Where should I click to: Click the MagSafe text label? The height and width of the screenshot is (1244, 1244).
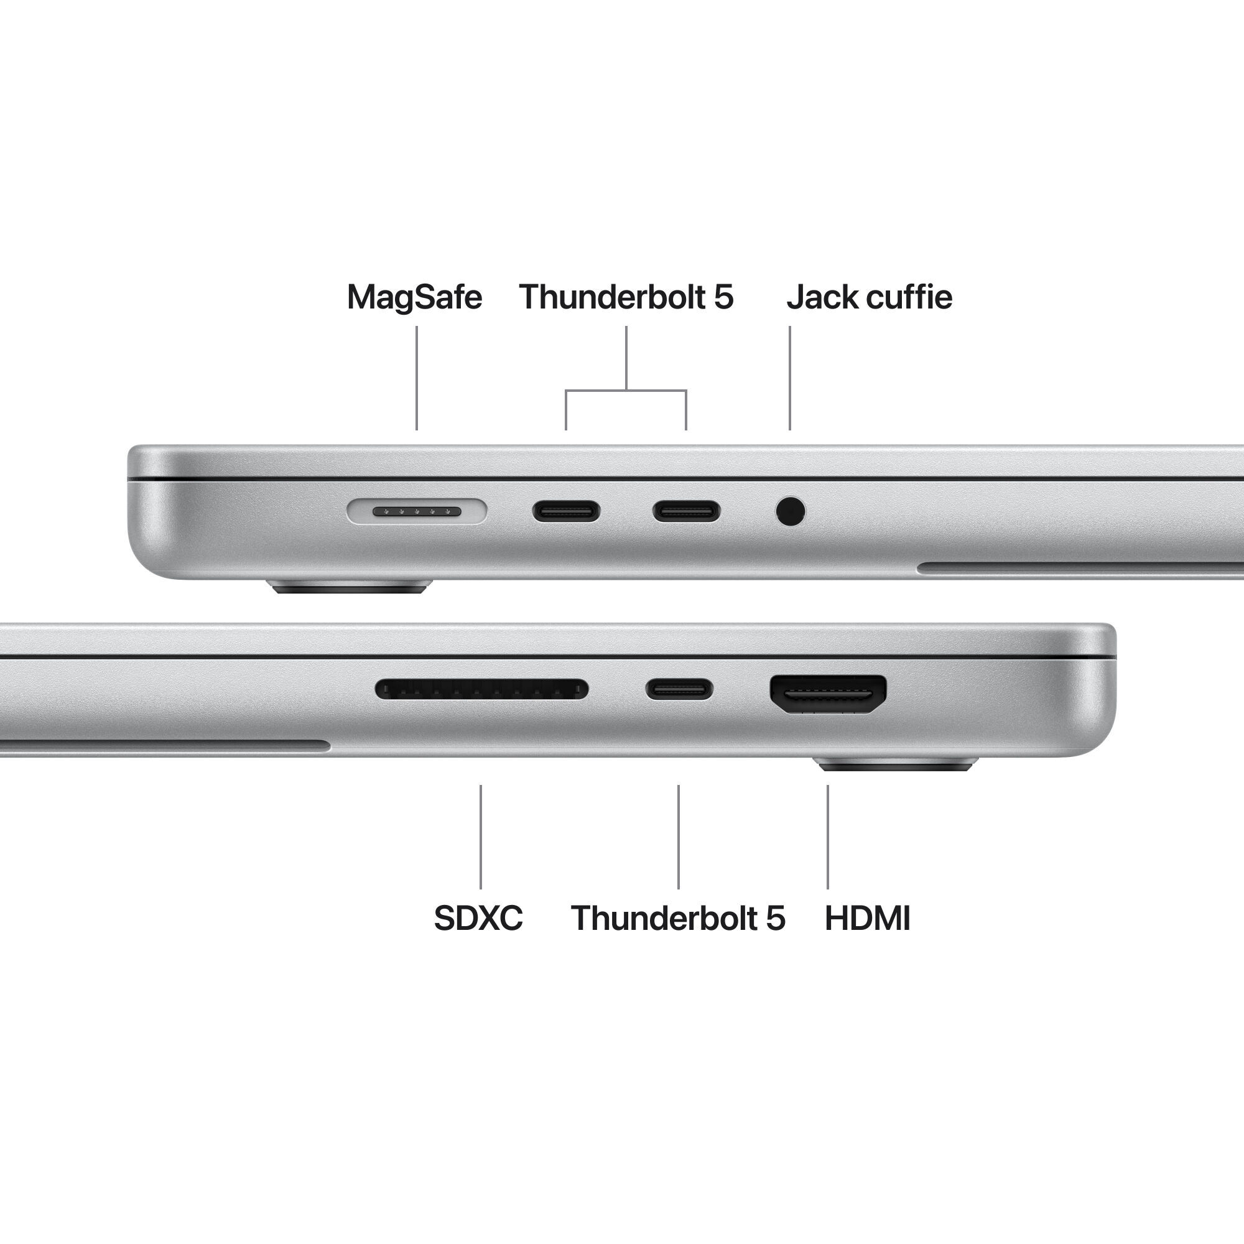(x=414, y=297)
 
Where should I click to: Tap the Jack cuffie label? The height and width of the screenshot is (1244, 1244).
(x=868, y=297)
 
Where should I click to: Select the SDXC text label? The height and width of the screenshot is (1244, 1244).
(x=478, y=918)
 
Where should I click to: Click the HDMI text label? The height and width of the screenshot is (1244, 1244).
(x=866, y=918)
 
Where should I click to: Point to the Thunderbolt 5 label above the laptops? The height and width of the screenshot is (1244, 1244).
(x=626, y=297)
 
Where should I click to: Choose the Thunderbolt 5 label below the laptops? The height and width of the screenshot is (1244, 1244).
(x=677, y=918)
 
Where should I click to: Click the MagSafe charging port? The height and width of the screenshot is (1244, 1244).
(x=417, y=511)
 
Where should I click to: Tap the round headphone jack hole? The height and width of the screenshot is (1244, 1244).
(x=790, y=511)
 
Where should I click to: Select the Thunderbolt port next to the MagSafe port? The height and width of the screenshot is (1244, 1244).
(x=566, y=512)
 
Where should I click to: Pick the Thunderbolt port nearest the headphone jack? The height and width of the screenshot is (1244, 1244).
(x=687, y=512)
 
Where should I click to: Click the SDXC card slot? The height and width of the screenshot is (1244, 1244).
(x=481, y=690)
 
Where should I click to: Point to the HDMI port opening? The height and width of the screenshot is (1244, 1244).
(x=828, y=694)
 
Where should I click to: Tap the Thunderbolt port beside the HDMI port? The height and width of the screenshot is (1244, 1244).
(x=679, y=690)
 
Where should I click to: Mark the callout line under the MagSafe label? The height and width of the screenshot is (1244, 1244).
(x=417, y=378)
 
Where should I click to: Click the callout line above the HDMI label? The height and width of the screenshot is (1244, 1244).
(x=828, y=837)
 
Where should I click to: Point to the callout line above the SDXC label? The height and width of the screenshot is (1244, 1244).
(x=480, y=837)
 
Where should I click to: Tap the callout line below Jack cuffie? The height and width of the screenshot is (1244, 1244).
(x=790, y=378)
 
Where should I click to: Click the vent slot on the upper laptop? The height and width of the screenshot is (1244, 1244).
(x=1082, y=567)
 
